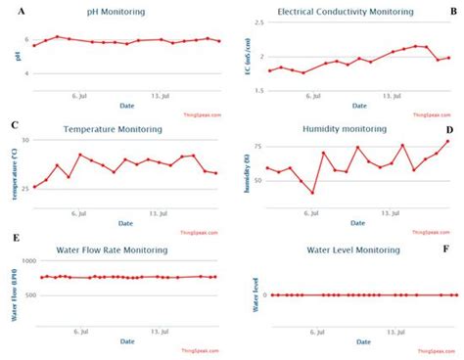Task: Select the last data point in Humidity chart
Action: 447,141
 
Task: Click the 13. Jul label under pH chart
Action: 160,95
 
